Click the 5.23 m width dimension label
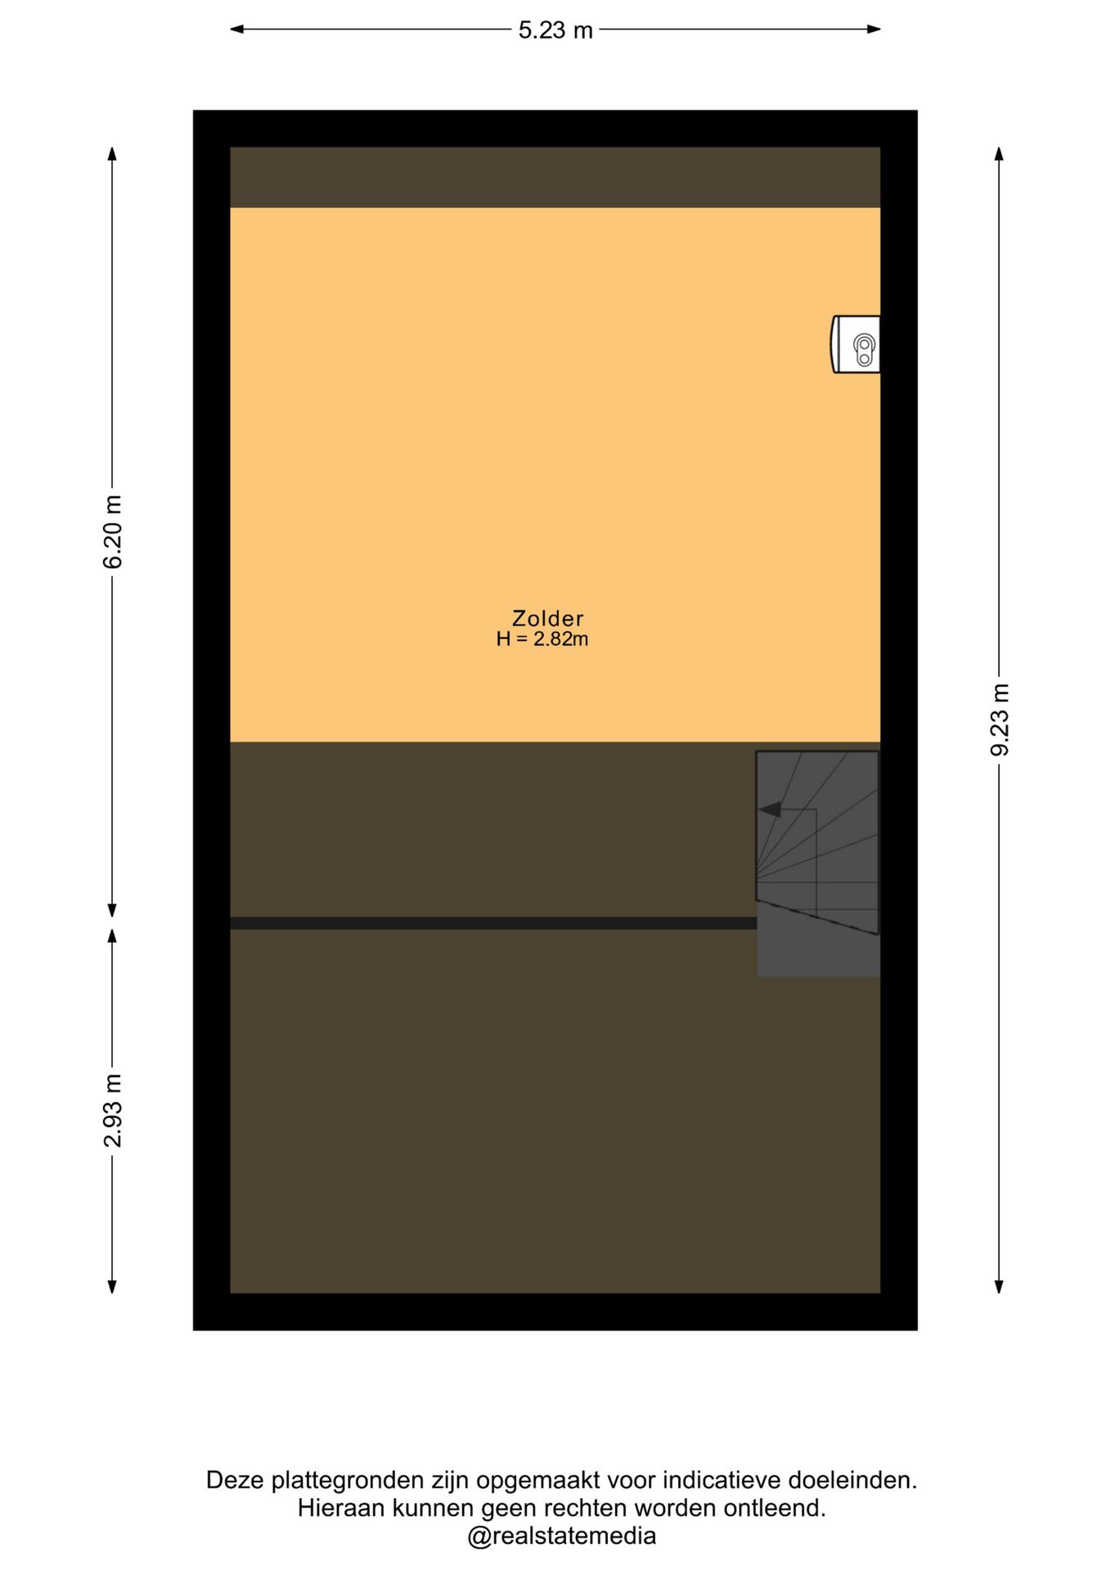[x=555, y=30]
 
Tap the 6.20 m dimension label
[x=113, y=532]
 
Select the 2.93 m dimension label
[x=113, y=1110]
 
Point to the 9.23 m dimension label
[x=1000, y=720]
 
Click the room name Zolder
[x=547, y=618]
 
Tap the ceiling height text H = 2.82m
[x=542, y=639]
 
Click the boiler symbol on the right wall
[x=857, y=344]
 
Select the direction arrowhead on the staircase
[x=770, y=810]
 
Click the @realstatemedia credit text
[x=561, y=1536]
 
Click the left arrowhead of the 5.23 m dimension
[x=237, y=29]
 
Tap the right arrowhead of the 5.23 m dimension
[x=873, y=29]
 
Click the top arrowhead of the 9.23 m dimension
[x=999, y=155]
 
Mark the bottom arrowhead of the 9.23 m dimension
[x=999, y=1286]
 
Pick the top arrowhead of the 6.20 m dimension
[x=112, y=155]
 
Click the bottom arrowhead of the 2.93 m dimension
[x=112, y=1286]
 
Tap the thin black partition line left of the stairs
[x=493, y=923]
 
